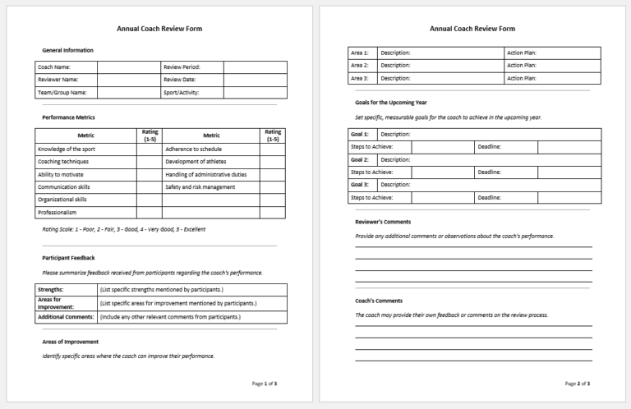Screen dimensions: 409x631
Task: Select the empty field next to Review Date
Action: pyautogui.click(x=255, y=80)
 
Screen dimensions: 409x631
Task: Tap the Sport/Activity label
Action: pyautogui.click(x=182, y=93)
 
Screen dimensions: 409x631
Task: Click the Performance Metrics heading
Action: pyautogui.click(x=68, y=117)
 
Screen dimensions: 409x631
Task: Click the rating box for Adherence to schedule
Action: pyautogui.click(x=273, y=149)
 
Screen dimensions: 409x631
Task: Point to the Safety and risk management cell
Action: pyautogui.click(x=200, y=186)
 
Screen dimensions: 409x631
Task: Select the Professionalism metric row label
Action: pyautogui.click(x=58, y=212)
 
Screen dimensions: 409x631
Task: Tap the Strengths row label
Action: pyautogui.click(x=51, y=290)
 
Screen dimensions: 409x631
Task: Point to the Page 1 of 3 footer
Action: pyautogui.click(x=265, y=384)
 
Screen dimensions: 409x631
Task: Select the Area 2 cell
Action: pyautogui.click(x=360, y=65)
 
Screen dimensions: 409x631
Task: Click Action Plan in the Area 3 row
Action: pyautogui.click(x=522, y=78)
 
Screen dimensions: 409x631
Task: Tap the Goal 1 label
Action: pyautogui.click(x=360, y=134)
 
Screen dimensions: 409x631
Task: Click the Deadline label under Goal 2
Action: pyautogui.click(x=490, y=172)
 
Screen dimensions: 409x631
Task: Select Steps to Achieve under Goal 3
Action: pyautogui.click(x=371, y=198)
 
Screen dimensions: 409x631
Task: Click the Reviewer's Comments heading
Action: pyautogui.click(x=383, y=222)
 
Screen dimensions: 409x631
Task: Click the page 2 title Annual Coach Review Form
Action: pyautogui.click(x=472, y=29)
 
